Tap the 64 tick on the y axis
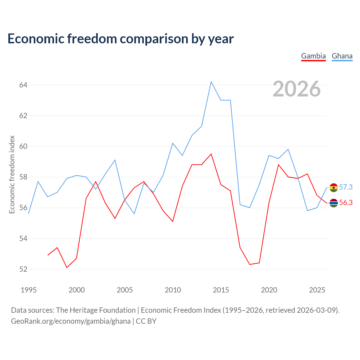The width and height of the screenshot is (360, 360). tap(23, 85)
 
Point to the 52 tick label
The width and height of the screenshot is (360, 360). tap(23, 269)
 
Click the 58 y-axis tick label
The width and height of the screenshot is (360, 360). tap(23, 177)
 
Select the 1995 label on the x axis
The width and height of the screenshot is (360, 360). tap(28, 290)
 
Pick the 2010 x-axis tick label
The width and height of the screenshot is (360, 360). tap(173, 290)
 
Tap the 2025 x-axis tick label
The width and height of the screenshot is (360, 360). tap(317, 290)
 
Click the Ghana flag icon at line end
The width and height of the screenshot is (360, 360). tap(334, 188)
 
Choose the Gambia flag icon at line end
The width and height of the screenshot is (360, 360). tap(334, 203)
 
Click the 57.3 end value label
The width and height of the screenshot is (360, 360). tap(346, 187)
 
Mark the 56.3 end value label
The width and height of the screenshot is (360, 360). tap(346, 202)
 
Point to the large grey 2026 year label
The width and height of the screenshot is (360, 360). tap(297, 89)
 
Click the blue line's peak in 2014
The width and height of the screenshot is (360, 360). tap(211, 82)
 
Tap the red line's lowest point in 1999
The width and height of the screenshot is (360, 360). tap(67, 267)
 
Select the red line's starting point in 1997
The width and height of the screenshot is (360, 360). tap(48, 255)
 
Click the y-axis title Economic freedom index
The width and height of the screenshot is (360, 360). tap(12, 174)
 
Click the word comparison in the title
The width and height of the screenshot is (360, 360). tap(154, 39)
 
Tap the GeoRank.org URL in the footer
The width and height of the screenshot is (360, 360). tap(71, 321)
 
